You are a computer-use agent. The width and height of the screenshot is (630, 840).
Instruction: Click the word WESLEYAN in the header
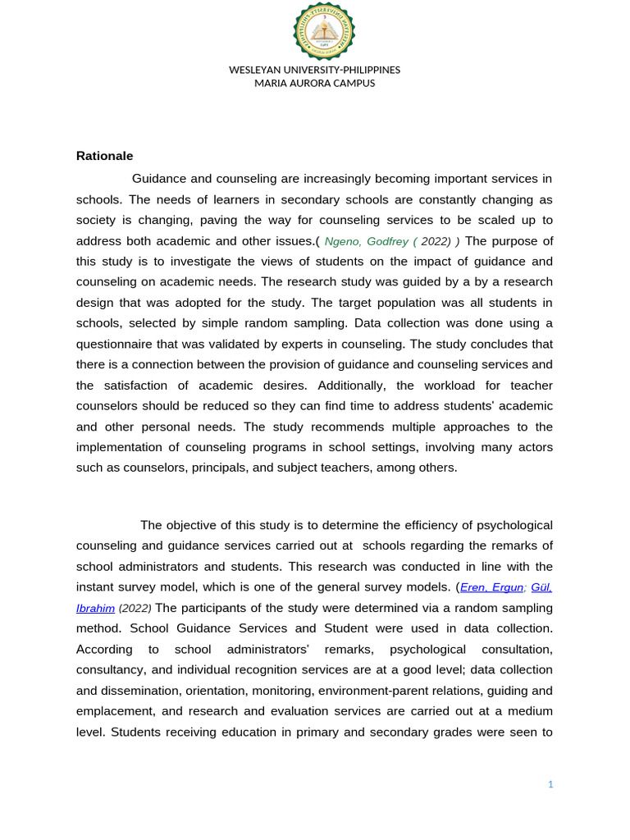[255, 70]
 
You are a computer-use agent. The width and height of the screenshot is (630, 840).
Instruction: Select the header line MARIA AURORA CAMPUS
[314, 83]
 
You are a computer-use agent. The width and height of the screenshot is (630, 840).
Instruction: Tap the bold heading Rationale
[104, 155]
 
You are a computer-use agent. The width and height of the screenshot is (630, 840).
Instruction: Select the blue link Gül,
[541, 587]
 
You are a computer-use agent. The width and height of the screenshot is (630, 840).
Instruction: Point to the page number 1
[551, 784]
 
